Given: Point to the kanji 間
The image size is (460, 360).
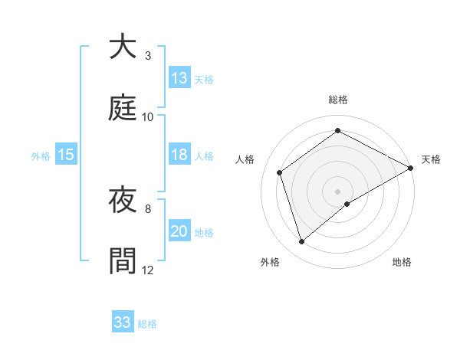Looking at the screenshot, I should [123, 260].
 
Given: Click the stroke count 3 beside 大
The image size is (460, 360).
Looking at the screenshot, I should [148, 56].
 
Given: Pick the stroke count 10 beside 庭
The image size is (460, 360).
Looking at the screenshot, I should [148, 116].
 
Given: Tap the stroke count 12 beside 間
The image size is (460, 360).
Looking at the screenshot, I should [148, 270].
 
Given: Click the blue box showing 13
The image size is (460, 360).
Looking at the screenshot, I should [179, 78].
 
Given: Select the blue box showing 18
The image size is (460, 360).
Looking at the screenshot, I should [179, 155].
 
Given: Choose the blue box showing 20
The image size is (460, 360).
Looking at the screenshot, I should [179, 231].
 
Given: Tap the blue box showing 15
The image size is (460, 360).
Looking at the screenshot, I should [66, 155].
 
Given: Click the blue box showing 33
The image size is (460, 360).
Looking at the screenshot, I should [123, 322].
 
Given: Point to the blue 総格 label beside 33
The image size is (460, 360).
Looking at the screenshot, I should [147, 324].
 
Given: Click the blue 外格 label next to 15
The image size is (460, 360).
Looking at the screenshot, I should [41, 156].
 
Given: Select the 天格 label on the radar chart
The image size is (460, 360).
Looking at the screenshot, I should [432, 159].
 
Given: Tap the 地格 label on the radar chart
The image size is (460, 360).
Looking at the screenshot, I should [402, 263].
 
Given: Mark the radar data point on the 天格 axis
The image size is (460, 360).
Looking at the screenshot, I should [412, 168].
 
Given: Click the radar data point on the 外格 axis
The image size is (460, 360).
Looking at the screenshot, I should [302, 242].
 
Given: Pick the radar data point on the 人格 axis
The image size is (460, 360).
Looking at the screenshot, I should [280, 172].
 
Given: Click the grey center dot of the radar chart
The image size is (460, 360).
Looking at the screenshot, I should [338, 191].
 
